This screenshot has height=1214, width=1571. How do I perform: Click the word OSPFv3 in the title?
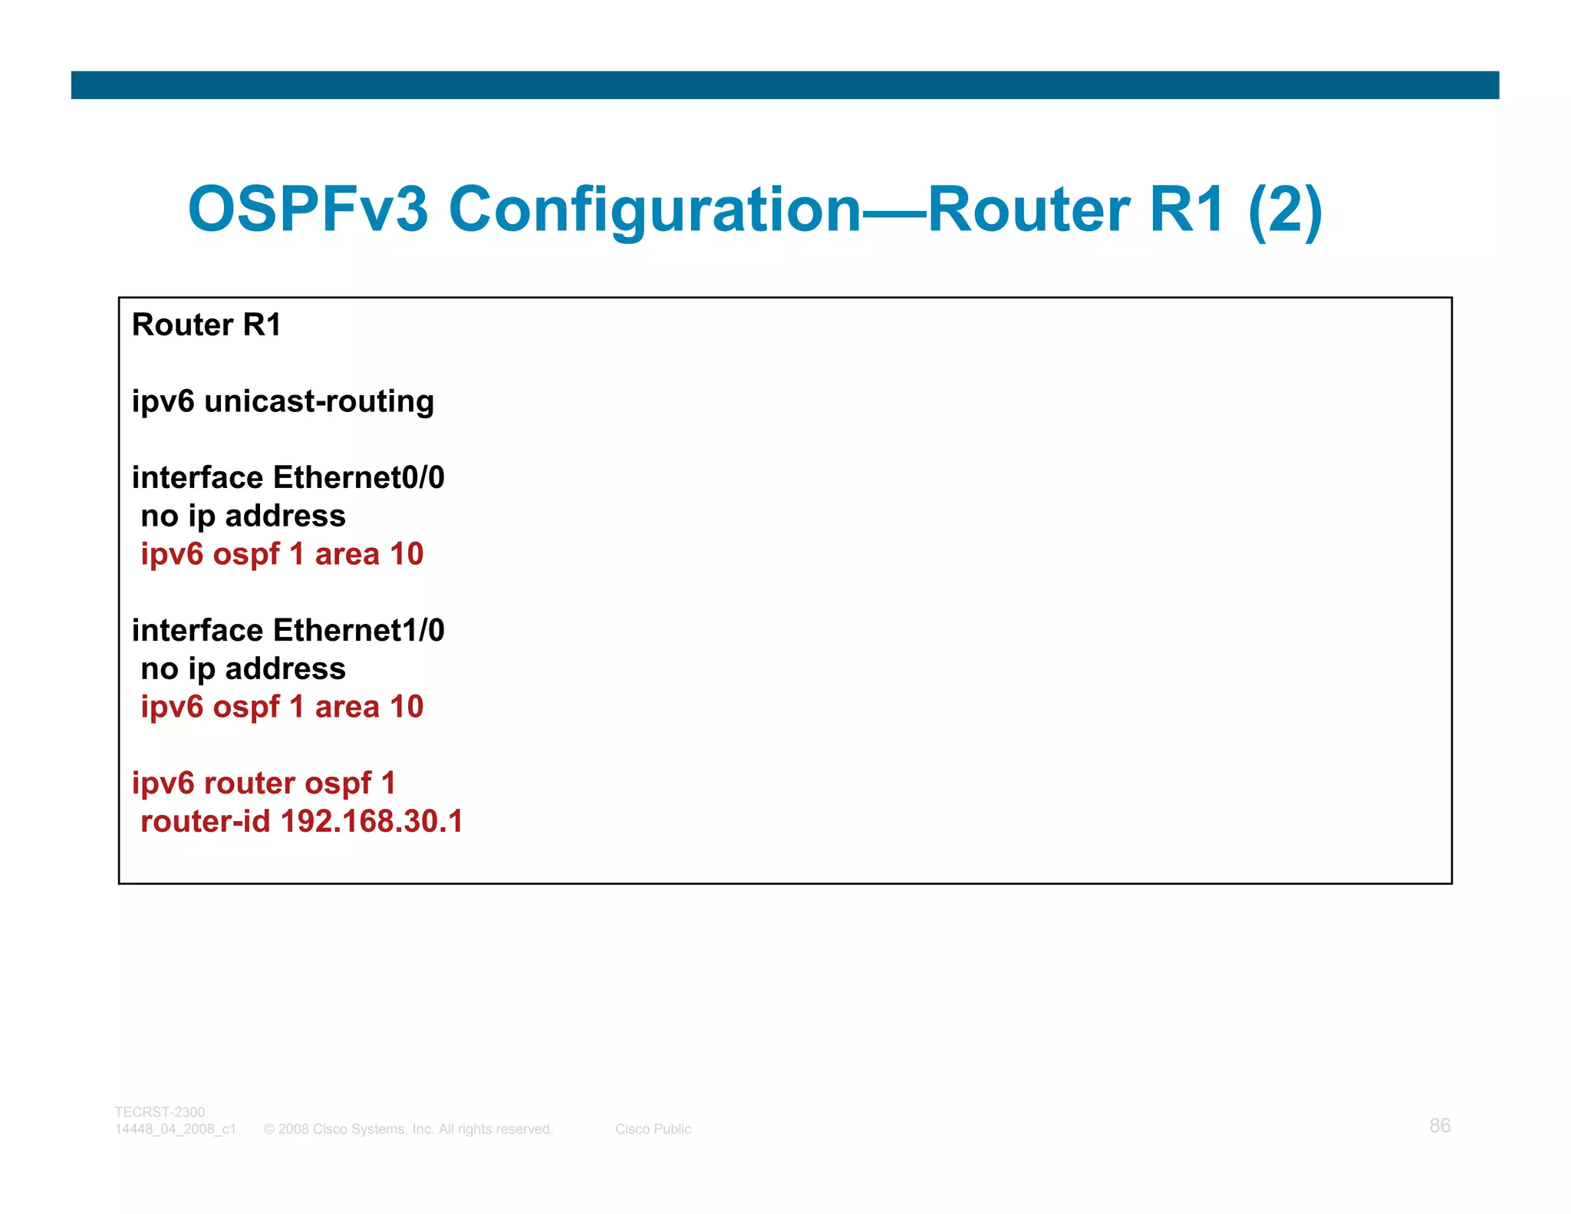tap(307, 209)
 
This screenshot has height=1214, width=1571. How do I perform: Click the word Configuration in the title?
tap(655, 209)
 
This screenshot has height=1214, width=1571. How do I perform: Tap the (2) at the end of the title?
tap(1285, 209)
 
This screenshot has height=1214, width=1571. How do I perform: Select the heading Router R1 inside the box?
tap(206, 325)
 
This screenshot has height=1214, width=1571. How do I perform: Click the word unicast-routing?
tap(319, 401)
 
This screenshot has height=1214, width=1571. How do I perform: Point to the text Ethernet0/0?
tap(359, 477)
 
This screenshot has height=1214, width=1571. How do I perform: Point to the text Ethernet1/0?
tap(359, 630)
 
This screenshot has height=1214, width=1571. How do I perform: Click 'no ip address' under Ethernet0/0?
tap(243, 516)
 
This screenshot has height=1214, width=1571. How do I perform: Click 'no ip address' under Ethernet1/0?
tap(243, 668)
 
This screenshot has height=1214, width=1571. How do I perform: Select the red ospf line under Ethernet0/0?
tap(282, 554)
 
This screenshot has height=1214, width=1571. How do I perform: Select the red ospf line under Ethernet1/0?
tap(282, 707)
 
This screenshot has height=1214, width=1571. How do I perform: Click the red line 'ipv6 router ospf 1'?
tap(264, 783)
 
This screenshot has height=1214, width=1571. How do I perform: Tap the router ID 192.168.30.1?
tap(372, 821)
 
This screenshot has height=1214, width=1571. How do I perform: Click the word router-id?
tap(206, 821)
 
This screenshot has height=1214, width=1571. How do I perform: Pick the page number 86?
tap(1440, 1126)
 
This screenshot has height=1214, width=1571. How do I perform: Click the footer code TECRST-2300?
tap(160, 1112)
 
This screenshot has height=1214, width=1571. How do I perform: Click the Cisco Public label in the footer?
tap(653, 1129)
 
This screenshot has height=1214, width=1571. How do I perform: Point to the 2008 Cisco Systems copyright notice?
tap(408, 1129)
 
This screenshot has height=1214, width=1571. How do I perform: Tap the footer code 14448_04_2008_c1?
tap(176, 1129)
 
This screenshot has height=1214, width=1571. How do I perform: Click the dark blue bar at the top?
tap(785, 85)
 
